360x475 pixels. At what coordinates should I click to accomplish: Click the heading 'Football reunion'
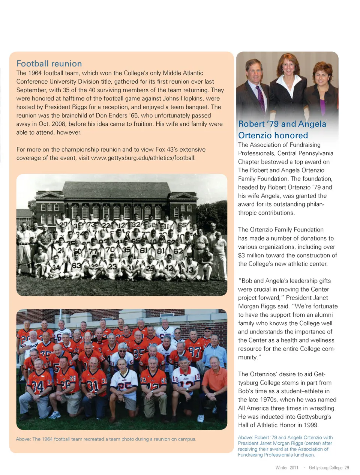49,64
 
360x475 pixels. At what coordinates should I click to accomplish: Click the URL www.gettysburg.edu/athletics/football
143,158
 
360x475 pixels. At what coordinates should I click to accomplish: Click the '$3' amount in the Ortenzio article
242,256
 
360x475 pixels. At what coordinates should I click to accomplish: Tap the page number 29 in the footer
347,467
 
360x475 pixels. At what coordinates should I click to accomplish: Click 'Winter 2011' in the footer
287,467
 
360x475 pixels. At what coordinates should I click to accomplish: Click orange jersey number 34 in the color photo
38,386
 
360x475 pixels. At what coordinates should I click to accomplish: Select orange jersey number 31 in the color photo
93,385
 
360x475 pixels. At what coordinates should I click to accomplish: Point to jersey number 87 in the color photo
194,352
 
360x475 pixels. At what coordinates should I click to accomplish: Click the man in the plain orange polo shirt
214,379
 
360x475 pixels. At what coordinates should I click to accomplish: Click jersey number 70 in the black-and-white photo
110,249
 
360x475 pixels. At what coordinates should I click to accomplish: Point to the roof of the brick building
116,189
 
